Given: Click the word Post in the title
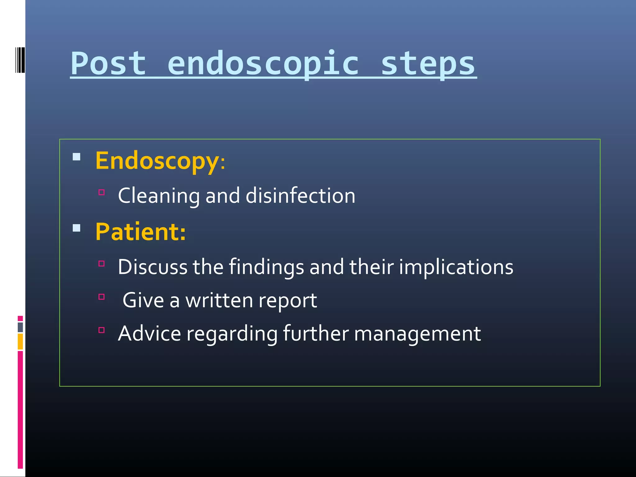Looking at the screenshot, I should [x=108, y=64].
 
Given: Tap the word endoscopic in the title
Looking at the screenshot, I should [x=263, y=64].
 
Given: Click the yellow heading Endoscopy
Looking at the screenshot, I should [x=157, y=161].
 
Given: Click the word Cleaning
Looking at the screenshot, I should [x=159, y=196].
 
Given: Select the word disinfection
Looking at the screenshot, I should [x=300, y=196].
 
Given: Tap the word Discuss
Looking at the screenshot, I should [x=152, y=267].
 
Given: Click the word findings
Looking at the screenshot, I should [x=266, y=267].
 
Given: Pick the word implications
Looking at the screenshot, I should [x=456, y=267].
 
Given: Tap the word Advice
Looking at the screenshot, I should [x=149, y=334].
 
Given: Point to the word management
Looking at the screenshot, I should [x=417, y=334].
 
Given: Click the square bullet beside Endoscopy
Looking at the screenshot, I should [x=76, y=157].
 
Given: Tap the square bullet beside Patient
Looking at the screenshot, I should [x=76, y=228].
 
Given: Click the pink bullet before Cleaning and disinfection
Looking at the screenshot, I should [x=102, y=192].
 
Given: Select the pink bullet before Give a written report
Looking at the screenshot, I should [x=102, y=297].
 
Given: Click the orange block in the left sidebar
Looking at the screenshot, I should [x=20, y=342].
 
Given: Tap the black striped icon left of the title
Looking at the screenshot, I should [x=20, y=60].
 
